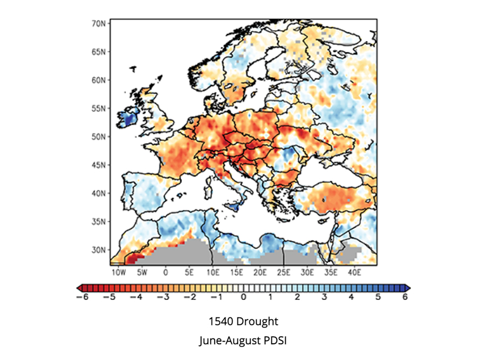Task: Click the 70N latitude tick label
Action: coord(99,24)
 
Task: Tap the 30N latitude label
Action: coord(99,250)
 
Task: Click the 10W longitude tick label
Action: coord(119,273)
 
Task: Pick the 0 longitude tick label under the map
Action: coord(166,273)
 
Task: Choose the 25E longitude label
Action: coord(284,273)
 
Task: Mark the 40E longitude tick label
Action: coord(354,273)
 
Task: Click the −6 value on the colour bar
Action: coord(82,297)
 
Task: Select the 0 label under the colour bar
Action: coord(244,297)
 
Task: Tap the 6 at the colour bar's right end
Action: coord(405,297)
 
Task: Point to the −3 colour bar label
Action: coord(163,297)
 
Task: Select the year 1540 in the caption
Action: coord(220,322)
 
